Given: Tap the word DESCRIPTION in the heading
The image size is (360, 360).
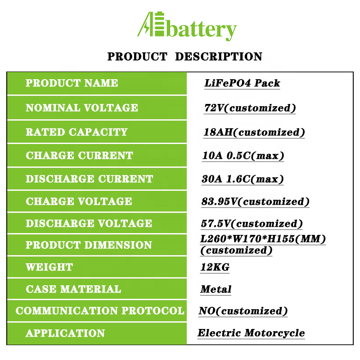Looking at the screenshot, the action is pyautogui.click(x=219, y=57).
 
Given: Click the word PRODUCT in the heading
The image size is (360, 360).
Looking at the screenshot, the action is pyautogui.click(x=137, y=57).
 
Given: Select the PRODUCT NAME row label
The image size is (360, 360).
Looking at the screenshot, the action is pyautogui.click(x=72, y=83).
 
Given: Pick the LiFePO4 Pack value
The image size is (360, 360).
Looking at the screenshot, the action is pyautogui.click(x=242, y=83).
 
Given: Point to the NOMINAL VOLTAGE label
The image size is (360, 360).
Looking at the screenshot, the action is pyautogui.click(x=82, y=108).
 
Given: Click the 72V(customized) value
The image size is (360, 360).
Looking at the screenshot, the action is pyautogui.click(x=250, y=108).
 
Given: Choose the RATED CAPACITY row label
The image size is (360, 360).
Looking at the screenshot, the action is pyautogui.click(x=76, y=132).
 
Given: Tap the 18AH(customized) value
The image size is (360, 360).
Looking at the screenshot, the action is pyautogui.click(x=254, y=132).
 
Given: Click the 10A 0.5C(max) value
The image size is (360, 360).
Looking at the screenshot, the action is pyautogui.click(x=243, y=156).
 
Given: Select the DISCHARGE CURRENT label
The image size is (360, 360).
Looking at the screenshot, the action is pyautogui.click(x=89, y=179).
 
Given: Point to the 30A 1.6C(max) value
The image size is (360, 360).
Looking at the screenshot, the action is pyautogui.click(x=243, y=179).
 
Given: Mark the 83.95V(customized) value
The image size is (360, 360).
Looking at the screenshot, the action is pyautogui.click(x=255, y=202).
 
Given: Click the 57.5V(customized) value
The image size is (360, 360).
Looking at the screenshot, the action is pyautogui.click(x=252, y=224).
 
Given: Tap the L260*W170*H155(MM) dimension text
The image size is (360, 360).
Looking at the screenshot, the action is pyautogui.click(x=263, y=239).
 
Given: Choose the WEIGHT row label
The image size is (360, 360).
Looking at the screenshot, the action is pyautogui.click(x=49, y=267).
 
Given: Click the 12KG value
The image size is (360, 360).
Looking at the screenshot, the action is pyautogui.click(x=215, y=267).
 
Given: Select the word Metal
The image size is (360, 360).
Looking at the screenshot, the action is pyautogui.click(x=216, y=289).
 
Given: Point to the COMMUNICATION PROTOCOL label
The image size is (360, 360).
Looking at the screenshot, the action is pyautogui.click(x=100, y=310).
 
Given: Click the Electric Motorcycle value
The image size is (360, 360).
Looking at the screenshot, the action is pyautogui.click(x=251, y=333).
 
